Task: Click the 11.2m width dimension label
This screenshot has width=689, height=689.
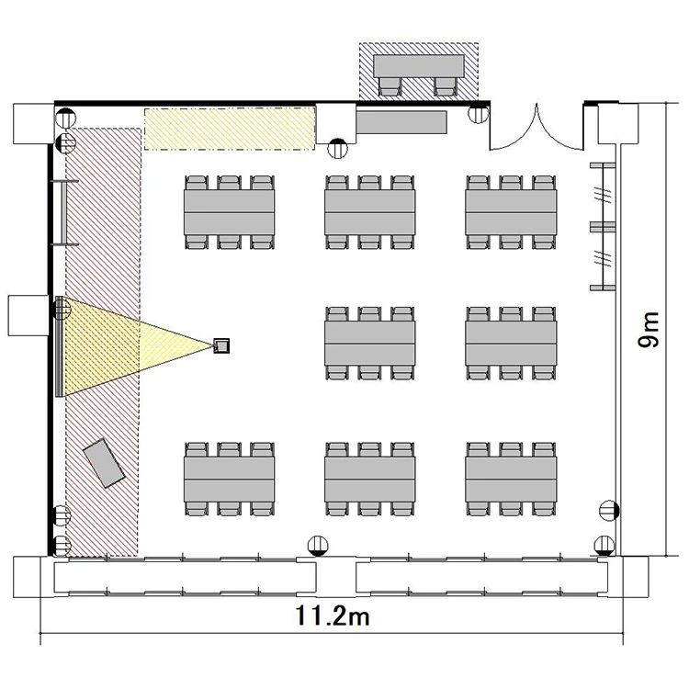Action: click(x=333, y=616)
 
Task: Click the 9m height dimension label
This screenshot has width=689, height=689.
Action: click(x=649, y=330)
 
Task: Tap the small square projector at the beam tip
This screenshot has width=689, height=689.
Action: click(x=221, y=345)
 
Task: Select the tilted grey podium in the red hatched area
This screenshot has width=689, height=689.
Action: click(x=104, y=463)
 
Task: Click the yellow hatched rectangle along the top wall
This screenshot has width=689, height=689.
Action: click(x=230, y=129)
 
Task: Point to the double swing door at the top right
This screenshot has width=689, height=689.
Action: click(x=537, y=128)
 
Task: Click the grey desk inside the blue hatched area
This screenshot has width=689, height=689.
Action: click(x=419, y=66)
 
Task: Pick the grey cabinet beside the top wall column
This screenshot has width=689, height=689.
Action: click(x=401, y=122)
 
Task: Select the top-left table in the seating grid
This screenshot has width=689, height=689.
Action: click(x=230, y=212)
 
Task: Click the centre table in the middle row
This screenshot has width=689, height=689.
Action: click(x=370, y=344)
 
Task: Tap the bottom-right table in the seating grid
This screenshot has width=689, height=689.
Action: click(x=511, y=480)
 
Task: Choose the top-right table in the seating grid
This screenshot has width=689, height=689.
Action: click(x=511, y=212)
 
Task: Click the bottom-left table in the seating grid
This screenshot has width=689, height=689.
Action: click(x=230, y=480)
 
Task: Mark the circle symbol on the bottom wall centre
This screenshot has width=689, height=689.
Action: click(x=318, y=547)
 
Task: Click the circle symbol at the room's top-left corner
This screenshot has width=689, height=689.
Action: click(x=66, y=118)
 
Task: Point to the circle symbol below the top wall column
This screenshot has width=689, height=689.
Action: click(x=337, y=149)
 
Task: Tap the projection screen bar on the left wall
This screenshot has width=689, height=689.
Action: click(x=59, y=346)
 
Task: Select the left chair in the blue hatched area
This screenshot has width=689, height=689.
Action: click(x=390, y=86)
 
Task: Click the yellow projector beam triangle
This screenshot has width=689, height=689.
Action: click(x=131, y=346)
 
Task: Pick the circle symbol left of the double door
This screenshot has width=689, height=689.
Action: click(x=478, y=114)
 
